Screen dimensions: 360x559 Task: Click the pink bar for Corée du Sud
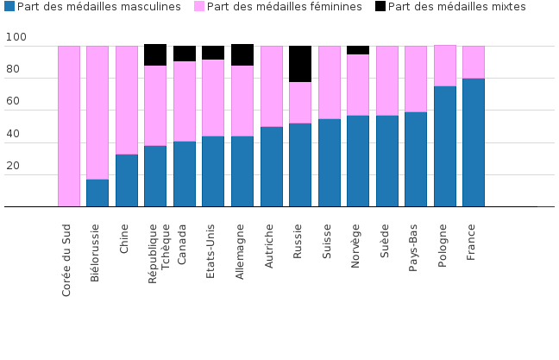coord(69,126)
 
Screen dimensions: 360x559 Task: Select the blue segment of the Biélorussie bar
coord(97,193)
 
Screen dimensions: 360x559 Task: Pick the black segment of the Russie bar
coord(300,64)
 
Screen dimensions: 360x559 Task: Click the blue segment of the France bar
coord(473,142)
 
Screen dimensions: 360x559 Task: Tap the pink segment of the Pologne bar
coord(444,66)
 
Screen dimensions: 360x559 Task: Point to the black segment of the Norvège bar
coord(358,50)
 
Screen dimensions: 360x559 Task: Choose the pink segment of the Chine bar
coord(127,100)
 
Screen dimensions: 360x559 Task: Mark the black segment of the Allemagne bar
coord(242,54)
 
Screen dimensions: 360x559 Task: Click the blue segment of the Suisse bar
coord(329,162)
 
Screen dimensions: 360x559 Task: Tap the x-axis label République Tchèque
coord(160,248)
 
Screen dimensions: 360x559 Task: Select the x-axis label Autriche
coord(269,247)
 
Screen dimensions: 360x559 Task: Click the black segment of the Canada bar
coord(185,54)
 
